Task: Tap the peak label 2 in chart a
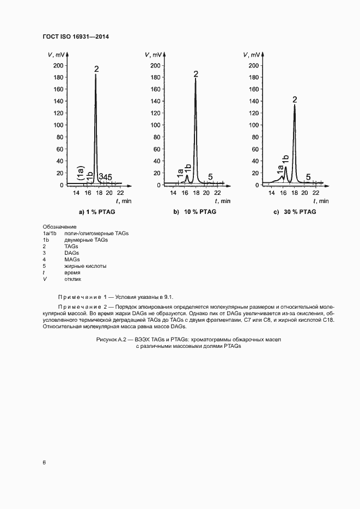[96, 69]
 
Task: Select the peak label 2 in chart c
[295, 99]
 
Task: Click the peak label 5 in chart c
[308, 177]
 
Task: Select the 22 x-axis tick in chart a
[120, 193]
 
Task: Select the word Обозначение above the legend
[59, 226]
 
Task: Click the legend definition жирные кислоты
[86, 266]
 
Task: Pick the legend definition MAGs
[72, 260]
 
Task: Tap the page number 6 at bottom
[44, 462]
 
